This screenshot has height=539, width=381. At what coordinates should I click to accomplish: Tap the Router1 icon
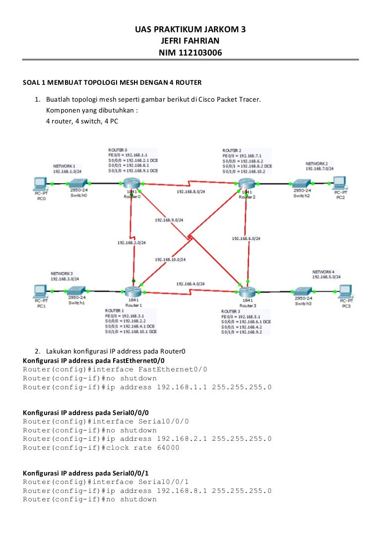(132, 292)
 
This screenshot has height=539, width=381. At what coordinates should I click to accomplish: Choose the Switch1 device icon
(77, 291)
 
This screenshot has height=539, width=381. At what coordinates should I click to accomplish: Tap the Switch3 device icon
(303, 292)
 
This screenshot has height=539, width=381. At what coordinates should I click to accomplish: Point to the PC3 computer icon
(346, 292)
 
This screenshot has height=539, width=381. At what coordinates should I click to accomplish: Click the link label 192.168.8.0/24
(191, 191)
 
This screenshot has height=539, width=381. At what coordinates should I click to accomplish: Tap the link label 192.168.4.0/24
(190, 284)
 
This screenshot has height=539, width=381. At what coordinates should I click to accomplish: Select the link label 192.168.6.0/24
(246, 239)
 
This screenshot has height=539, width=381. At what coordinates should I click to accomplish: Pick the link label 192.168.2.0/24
(131, 243)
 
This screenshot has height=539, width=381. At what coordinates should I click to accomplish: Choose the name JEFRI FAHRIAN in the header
(190, 41)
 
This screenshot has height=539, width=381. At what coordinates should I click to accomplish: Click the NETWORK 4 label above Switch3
(323, 272)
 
